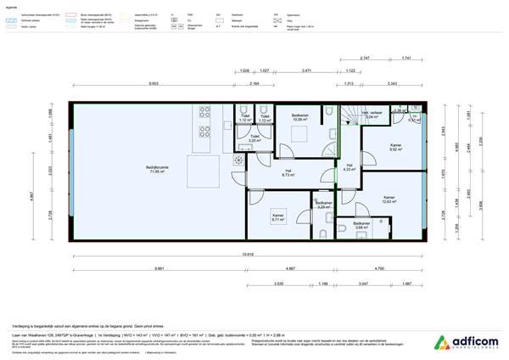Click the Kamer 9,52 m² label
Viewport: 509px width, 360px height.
coord(395,148)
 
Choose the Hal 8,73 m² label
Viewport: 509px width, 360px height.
coord(288,173)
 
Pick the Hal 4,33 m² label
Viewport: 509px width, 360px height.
coord(350,167)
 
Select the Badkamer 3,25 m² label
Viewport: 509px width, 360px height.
coord(323,205)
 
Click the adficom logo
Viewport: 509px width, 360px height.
coord(466,343)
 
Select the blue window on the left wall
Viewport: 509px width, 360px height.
coord(73,170)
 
